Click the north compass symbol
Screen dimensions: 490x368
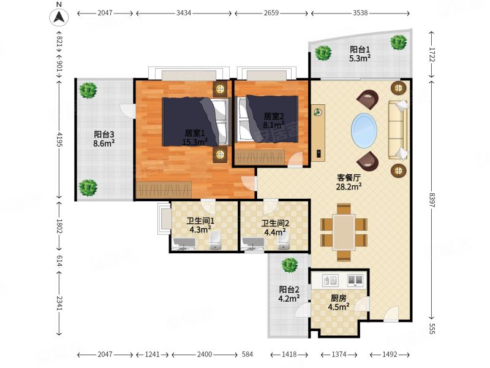click(59, 17)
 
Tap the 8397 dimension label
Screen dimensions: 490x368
click(432, 200)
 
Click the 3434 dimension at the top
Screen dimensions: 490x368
click(184, 13)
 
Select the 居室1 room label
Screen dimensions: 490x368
click(195, 133)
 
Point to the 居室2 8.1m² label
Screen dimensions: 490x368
click(274, 121)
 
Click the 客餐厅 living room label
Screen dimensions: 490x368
click(349, 177)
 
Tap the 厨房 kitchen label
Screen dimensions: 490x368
click(339, 298)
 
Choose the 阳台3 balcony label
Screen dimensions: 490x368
click(104, 134)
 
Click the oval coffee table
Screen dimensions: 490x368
click(364, 131)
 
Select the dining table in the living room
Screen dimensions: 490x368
click(344, 232)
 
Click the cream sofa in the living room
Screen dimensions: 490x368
click(398, 129)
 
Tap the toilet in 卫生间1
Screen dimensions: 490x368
click(215, 240)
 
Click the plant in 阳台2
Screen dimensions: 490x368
click(290, 266)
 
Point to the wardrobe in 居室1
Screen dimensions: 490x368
click(164, 190)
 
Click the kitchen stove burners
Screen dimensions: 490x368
click(355, 280)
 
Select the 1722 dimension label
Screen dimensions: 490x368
click(432, 55)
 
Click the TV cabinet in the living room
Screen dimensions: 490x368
click(318, 133)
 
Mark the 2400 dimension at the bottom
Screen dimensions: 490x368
click(205, 355)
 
